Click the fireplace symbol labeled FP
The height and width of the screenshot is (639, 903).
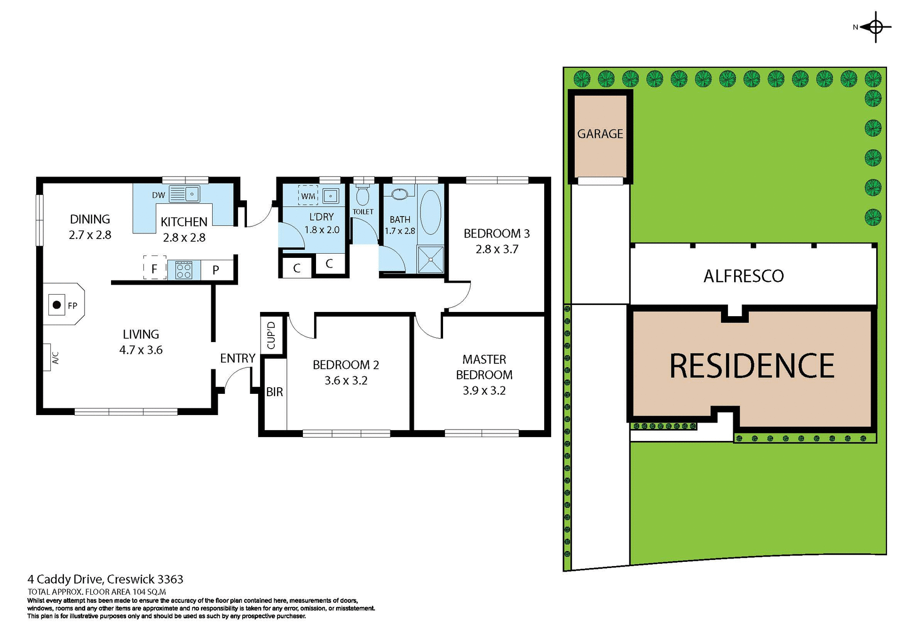pyautogui.click(x=57, y=305)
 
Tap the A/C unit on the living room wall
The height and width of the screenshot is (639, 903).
pyautogui.click(x=47, y=357)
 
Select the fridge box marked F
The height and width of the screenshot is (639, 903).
pyautogui.click(x=154, y=268)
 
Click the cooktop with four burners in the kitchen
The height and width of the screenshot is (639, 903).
pyautogui.click(x=183, y=270)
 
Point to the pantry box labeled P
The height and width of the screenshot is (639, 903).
pyautogui.click(x=216, y=270)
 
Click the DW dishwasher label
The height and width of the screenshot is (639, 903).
pyautogui.click(x=158, y=195)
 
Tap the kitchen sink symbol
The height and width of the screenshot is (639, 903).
pyautogui.click(x=192, y=193)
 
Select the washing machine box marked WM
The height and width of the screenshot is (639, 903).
pyautogui.click(x=308, y=196)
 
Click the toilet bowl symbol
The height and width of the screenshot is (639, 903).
pyautogui.click(x=363, y=195)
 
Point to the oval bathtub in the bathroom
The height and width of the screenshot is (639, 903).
pyautogui.click(x=430, y=212)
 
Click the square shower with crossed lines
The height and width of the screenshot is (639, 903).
pyautogui.click(x=430, y=259)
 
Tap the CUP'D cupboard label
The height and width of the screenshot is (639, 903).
pyautogui.click(x=271, y=335)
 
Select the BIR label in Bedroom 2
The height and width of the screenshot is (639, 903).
pyautogui.click(x=275, y=391)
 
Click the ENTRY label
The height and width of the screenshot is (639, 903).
pyautogui.click(x=238, y=358)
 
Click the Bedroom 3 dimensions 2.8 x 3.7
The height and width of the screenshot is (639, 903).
pyautogui.click(x=497, y=249)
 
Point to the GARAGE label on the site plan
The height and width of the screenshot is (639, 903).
pyautogui.click(x=600, y=134)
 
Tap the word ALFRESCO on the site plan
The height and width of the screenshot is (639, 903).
pyautogui.click(x=744, y=276)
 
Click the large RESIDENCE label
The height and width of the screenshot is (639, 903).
pyautogui.click(x=752, y=366)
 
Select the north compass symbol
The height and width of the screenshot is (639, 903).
pyautogui.click(x=875, y=27)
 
